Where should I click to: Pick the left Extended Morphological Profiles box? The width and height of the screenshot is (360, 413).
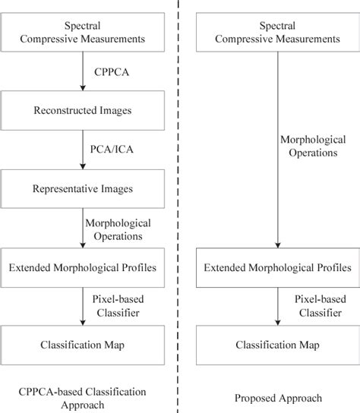[x=82, y=267]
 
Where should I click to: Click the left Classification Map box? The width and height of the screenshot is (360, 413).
[x=81, y=345]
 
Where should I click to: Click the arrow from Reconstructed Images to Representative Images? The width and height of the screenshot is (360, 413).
[x=81, y=153]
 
